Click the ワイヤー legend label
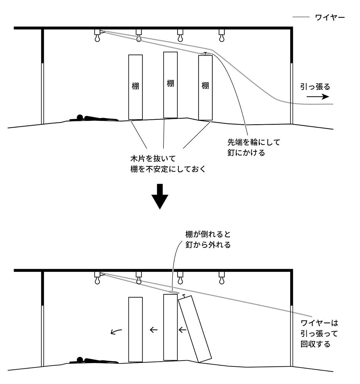[x=330, y=17]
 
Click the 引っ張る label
[x=315, y=87]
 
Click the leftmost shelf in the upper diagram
[x=135, y=87]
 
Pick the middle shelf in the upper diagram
[x=171, y=85]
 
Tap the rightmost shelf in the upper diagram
[x=205, y=87]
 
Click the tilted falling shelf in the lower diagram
[x=195, y=328]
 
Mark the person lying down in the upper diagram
[x=93, y=118]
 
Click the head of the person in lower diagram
[x=80, y=360]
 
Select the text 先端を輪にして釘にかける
[x=254, y=147]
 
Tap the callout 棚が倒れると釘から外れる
[x=208, y=239]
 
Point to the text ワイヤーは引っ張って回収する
[x=319, y=334]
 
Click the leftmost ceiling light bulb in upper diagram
[x=98, y=38]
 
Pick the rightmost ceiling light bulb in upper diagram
[x=222, y=38]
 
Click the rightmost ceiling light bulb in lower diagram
[x=222, y=280]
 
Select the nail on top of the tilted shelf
[x=184, y=296]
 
